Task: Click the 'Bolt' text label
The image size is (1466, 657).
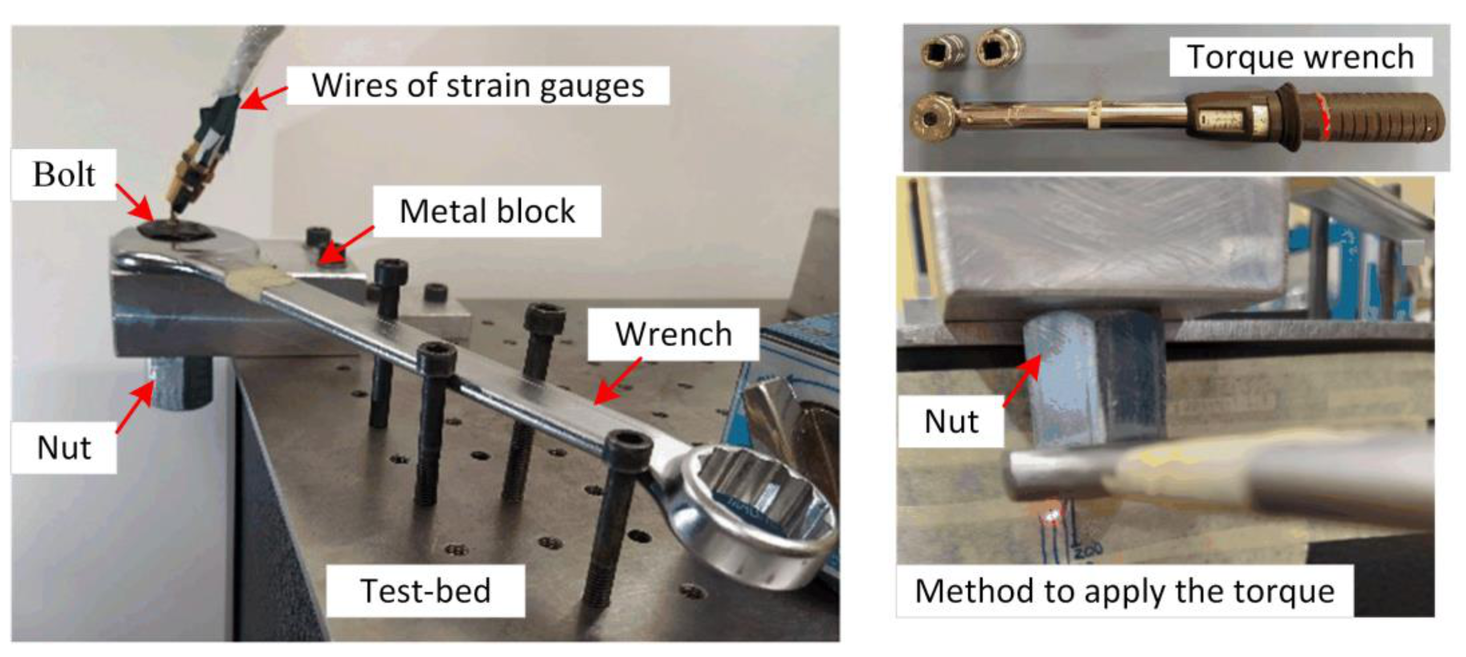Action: pyautogui.click(x=64, y=175)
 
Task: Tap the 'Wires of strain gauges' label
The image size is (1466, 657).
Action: pyautogui.click(x=478, y=86)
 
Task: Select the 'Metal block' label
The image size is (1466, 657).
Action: pyautogui.click(x=487, y=211)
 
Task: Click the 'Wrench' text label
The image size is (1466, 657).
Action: pyautogui.click(x=673, y=334)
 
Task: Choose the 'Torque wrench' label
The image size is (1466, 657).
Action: pyautogui.click(x=1300, y=57)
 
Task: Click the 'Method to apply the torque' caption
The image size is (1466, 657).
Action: pyautogui.click(x=1124, y=591)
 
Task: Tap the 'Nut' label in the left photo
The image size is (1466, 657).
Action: pyautogui.click(x=64, y=448)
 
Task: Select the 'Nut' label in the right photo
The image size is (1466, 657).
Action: pyautogui.click(x=951, y=421)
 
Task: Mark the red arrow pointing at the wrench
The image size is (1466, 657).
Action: pyautogui.click(x=617, y=382)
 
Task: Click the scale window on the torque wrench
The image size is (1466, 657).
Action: pyautogui.click(x=1218, y=119)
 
